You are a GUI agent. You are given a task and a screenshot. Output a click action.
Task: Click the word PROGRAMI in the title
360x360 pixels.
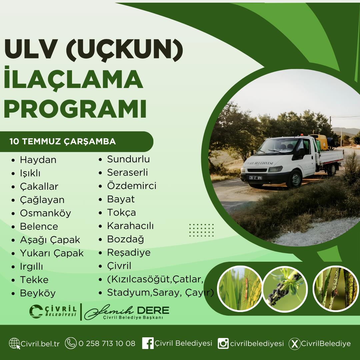(75, 109)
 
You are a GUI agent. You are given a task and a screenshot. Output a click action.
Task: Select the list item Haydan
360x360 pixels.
(38, 160)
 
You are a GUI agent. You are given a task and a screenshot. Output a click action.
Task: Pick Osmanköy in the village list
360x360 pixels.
(45, 213)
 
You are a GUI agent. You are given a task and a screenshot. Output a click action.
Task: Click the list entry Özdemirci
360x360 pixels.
(132, 186)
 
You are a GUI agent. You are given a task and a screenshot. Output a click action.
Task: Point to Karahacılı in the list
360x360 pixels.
(130, 226)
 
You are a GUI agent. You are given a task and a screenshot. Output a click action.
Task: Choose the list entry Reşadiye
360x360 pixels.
(129, 253)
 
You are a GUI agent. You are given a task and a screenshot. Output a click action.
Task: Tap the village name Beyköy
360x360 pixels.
(38, 293)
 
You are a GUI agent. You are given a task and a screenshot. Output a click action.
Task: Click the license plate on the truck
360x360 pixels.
(256, 178)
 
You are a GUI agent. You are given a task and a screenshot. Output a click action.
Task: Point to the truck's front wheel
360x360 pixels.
(295, 179)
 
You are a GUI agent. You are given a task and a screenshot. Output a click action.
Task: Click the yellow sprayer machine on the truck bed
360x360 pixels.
(320, 142)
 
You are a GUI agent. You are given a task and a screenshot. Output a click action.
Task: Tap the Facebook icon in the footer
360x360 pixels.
(148, 343)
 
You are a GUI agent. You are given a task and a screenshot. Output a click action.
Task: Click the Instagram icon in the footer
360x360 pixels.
(223, 343)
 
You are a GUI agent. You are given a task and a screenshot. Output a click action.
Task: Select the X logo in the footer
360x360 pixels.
(294, 344)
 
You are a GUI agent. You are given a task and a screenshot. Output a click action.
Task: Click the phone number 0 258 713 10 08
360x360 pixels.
(107, 343)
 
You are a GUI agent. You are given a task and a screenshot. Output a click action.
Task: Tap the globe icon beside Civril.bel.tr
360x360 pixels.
(14, 343)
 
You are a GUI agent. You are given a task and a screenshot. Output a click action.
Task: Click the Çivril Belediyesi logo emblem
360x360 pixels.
(36, 311)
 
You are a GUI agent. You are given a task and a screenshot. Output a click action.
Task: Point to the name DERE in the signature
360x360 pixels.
(153, 311)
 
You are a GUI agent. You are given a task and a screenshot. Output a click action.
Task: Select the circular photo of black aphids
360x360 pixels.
(285, 289)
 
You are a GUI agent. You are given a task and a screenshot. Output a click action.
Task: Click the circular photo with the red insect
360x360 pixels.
(240, 289)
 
